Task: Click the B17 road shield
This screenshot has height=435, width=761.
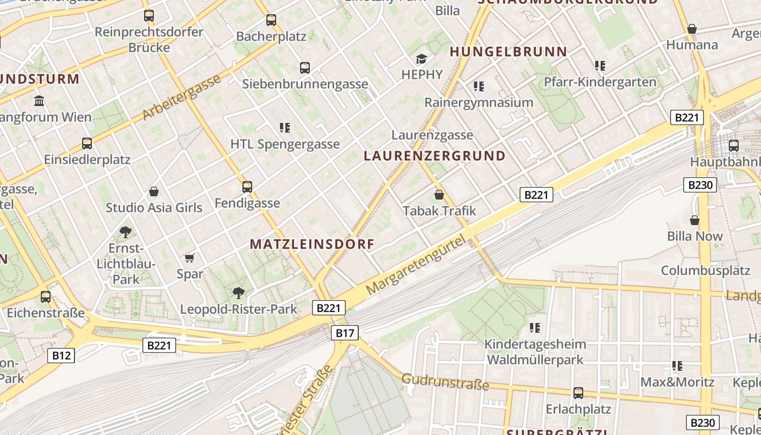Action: click(345, 333)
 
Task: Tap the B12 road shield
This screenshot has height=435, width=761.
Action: click(61, 356)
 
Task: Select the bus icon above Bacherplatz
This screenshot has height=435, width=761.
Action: click(271, 20)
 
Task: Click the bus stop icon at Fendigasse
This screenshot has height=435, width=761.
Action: click(247, 187)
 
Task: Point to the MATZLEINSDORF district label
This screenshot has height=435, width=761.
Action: click(312, 244)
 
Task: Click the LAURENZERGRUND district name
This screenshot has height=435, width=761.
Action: click(434, 156)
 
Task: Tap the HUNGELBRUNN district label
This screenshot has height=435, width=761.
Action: click(508, 52)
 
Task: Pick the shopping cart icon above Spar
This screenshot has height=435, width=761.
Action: click(189, 258)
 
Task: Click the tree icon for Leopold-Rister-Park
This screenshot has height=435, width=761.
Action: click(238, 293)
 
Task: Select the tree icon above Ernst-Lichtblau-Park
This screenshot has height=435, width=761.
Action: click(126, 232)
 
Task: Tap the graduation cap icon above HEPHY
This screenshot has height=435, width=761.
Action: click(421, 59)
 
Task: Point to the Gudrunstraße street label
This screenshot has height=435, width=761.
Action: click(445, 381)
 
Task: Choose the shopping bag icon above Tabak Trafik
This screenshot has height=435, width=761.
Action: click(439, 194)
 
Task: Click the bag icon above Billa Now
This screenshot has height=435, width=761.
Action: click(694, 220)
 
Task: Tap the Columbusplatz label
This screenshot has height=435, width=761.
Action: click(706, 270)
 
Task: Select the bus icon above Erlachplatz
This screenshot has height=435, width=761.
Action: click(578, 393)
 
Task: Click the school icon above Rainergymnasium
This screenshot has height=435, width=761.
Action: click(478, 86)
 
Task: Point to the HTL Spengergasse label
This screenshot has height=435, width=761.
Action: click(285, 144)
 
